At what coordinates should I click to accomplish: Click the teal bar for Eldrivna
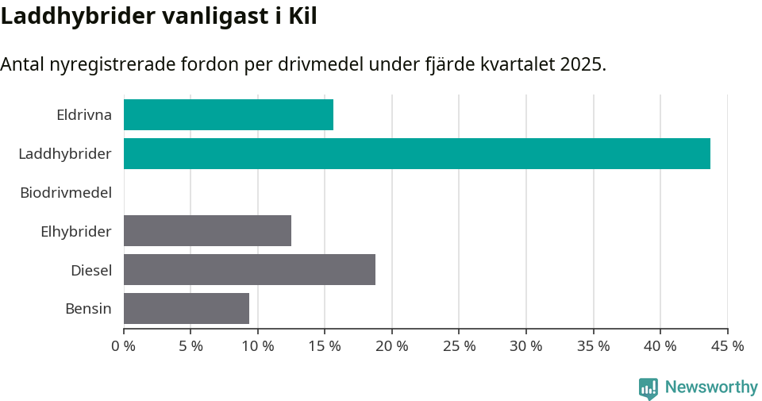tap(229, 115)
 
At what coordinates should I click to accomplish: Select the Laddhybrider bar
tap(417, 153)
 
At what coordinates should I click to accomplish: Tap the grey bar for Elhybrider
tap(207, 230)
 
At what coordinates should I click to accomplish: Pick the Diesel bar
tap(249, 269)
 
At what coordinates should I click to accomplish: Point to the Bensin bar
tap(187, 308)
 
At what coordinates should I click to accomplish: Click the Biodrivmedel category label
tap(66, 192)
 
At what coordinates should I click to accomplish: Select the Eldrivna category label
tap(84, 115)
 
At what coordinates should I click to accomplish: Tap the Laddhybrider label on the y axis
tap(65, 153)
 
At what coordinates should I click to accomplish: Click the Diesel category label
tap(91, 270)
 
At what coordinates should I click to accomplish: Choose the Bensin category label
tap(88, 308)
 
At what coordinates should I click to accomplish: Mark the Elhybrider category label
tap(76, 231)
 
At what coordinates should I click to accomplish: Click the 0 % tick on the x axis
tap(124, 346)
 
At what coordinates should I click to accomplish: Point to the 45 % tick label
tap(727, 346)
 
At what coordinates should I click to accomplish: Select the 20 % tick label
tap(392, 346)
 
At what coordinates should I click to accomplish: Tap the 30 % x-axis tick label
tap(526, 346)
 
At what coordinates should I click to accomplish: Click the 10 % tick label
tap(258, 346)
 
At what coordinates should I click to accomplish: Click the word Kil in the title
tap(302, 16)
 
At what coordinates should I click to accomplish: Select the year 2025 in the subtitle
tap(582, 64)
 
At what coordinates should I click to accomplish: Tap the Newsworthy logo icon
tap(648, 388)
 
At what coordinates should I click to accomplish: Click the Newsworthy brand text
tap(711, 388)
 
